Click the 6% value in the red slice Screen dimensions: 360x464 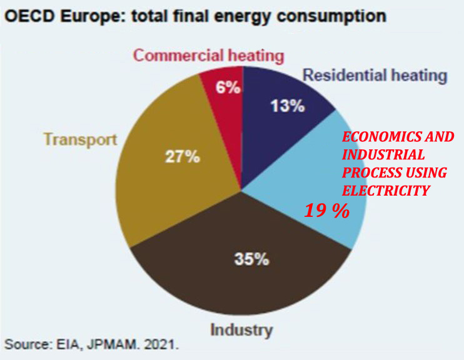[x=228, y=87]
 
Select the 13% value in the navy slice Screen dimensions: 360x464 [x=288, y=106]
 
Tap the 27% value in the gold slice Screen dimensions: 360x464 [x=183, y=156]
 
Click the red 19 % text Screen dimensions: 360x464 [x=326, y=211]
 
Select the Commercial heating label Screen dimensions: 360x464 [x=208, y=55]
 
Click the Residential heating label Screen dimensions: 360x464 [x=375, y=76]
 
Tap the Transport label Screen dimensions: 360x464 [x=80, y=139]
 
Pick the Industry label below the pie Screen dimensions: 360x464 [x=241, y=329]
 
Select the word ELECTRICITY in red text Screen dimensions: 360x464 [x=386, y=191]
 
